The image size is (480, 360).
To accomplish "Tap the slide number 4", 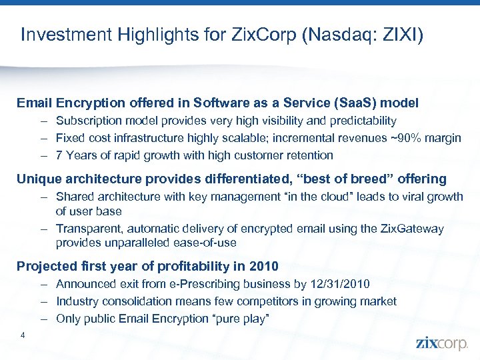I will (23, 335).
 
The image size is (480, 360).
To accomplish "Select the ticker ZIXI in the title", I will (400, 35).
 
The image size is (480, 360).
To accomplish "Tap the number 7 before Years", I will (59, 155).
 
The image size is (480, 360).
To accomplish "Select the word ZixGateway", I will (411, 229).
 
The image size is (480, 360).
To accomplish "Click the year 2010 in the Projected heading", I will (265, 266).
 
